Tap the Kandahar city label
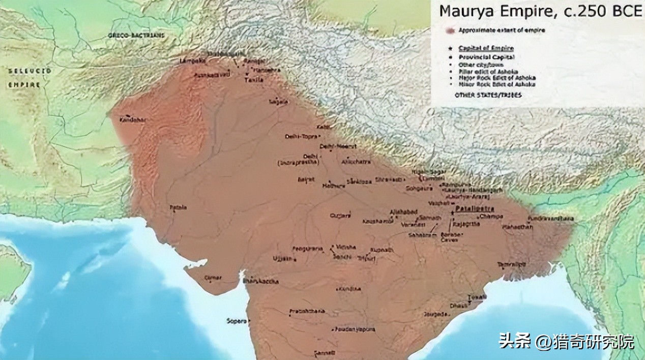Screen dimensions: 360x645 (132, 120)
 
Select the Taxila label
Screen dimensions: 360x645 (254, 80)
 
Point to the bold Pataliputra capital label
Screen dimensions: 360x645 (475, 208)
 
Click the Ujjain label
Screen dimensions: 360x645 (283, 258)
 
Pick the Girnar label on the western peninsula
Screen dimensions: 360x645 (213, 278)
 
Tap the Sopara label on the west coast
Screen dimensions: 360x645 (237, 321)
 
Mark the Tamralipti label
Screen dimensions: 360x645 (512, 264)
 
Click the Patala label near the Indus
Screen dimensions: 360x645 (178, 207)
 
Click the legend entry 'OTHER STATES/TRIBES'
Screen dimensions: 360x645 (488, 95)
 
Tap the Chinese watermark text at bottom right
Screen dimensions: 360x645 (566, 341)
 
